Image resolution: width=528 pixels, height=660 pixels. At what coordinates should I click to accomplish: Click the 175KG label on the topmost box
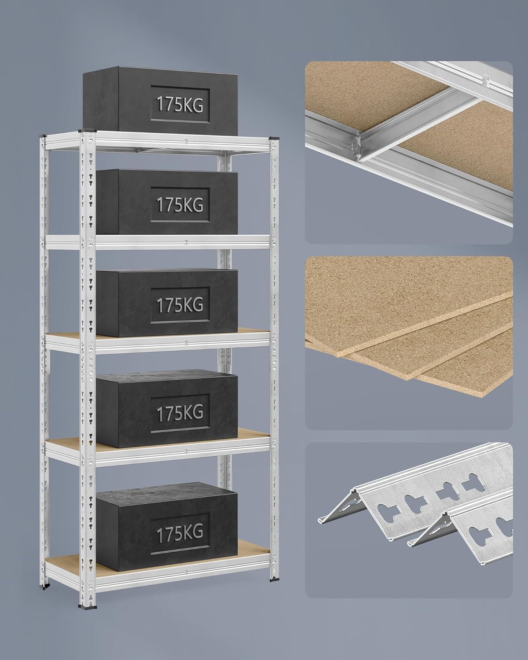click(180, 104)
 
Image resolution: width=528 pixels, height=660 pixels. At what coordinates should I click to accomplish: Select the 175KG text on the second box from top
click(180, 204)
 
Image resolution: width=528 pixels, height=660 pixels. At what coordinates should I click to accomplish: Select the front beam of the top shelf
click(183, 142)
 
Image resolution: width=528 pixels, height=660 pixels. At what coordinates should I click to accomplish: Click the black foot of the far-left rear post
click(45, 585)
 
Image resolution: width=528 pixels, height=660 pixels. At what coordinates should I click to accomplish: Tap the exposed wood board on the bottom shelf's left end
click(66, 563)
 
